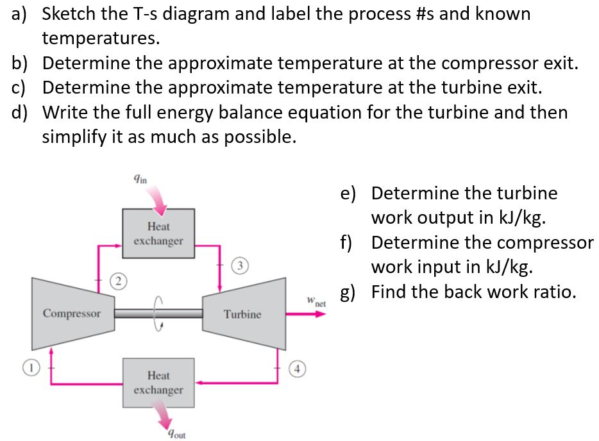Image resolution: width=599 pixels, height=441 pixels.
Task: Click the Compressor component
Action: [73, 313]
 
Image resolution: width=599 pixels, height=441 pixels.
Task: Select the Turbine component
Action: [244, 314]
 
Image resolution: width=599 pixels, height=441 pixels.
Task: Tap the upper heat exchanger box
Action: [158, 233]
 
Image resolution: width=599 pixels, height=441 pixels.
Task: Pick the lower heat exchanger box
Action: [158, 383]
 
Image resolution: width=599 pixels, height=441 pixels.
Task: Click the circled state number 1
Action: [31, 368]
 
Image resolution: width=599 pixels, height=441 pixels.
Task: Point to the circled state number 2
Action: [119, 282]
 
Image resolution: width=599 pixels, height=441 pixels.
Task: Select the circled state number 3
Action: [240, 266]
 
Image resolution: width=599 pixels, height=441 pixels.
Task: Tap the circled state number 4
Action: [297, 369]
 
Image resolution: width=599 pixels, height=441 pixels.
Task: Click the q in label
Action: [140, 178]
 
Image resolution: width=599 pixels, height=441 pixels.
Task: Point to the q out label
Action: [176, 434]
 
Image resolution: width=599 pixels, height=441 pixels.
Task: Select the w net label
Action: [316, 301]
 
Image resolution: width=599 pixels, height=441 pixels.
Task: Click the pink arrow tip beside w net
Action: [326, 314]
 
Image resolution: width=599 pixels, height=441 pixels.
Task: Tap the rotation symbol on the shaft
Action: [158, 313]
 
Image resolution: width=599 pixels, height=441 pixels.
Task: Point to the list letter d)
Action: [19, 113]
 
